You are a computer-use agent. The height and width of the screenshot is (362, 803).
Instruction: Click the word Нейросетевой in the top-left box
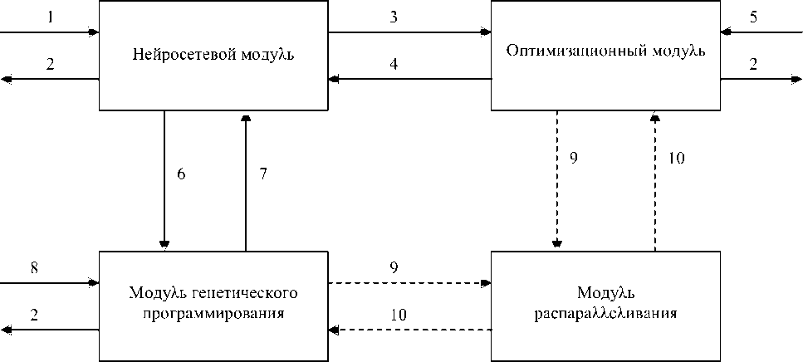point(170,56)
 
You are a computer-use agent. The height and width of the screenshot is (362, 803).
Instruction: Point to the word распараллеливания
point(606,315)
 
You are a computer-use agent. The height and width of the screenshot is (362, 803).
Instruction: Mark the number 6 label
point(181,174)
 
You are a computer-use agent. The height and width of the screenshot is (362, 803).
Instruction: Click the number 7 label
point(262,174)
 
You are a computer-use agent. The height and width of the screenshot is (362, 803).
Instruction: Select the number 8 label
point(33,267)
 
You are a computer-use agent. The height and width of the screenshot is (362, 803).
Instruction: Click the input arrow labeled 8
point(50,282)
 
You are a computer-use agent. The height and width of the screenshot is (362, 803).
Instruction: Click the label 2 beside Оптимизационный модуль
point(753,65)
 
